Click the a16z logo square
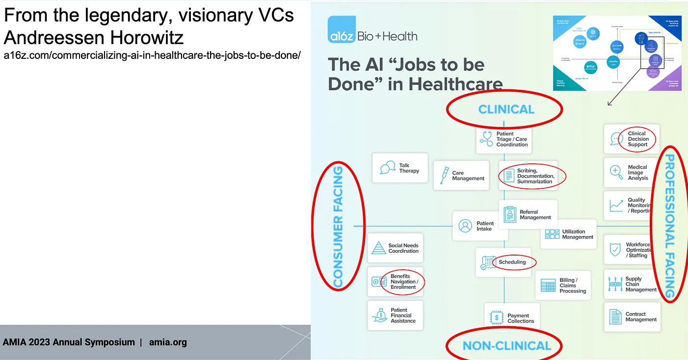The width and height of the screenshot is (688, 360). click(x=341, y=30)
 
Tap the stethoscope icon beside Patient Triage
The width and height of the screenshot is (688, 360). click(x=486, y=139)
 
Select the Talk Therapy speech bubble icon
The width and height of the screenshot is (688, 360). click(x=388, y=168)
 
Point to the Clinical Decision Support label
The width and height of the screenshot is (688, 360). click(x=638, y=139)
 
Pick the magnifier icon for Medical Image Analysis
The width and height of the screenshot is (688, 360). click(x=616, y=172)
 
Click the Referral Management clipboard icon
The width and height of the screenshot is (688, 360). click(x=509, y=214)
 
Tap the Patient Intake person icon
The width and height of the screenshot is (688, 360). click(x=465, y=226)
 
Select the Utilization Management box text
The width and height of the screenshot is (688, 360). click(x=578, y=234)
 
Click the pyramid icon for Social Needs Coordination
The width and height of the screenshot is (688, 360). click(x=378, y=248)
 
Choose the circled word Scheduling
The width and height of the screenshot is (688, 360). click(x=512, y=262)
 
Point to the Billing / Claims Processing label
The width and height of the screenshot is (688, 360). click(x=573, y=285)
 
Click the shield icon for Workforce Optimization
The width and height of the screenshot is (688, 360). click(x=615, y=250)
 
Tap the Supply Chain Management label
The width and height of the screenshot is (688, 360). click(x=640, y=284)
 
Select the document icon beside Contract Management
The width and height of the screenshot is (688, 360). click(x=615, y=317)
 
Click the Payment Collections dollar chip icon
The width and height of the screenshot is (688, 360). click(x=497, y=318)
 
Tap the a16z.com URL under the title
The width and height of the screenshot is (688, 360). click(x=152, y=54)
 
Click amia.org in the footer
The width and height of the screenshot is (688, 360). click(x=168, y=342)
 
